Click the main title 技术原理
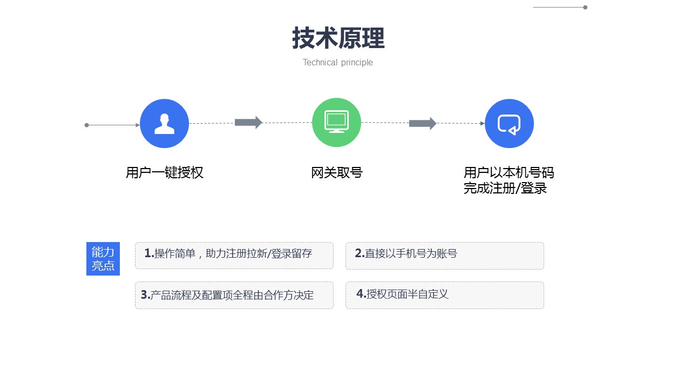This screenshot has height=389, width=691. click(338, 38)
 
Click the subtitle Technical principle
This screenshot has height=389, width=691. click(338, 63)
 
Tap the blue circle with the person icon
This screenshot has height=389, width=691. click(165, 124)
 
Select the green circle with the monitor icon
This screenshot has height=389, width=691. click(336, 123)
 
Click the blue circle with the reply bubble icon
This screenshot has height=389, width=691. click(509, 124)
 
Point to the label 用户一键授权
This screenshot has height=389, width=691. click(165, 172)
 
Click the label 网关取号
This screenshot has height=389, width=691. click(337, 172)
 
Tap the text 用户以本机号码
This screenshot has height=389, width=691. click(509, 172)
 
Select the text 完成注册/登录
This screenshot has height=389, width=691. click(505, 188)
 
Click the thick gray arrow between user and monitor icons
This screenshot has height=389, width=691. click(249, 123)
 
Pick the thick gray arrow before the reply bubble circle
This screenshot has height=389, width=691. click(423, 124)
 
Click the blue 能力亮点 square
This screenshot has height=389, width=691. click(103, 259)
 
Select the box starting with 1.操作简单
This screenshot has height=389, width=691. click(234, 256)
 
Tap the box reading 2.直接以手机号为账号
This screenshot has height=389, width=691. click(445, 256)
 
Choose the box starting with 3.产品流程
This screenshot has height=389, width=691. click(234, 295)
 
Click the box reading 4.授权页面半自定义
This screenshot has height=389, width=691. click(445, 295)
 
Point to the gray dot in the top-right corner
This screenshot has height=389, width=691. click(585, 8)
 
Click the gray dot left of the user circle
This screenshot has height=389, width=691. click(87, 125)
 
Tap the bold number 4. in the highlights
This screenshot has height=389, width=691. click(361, 293)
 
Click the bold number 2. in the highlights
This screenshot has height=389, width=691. click(360, 253)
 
